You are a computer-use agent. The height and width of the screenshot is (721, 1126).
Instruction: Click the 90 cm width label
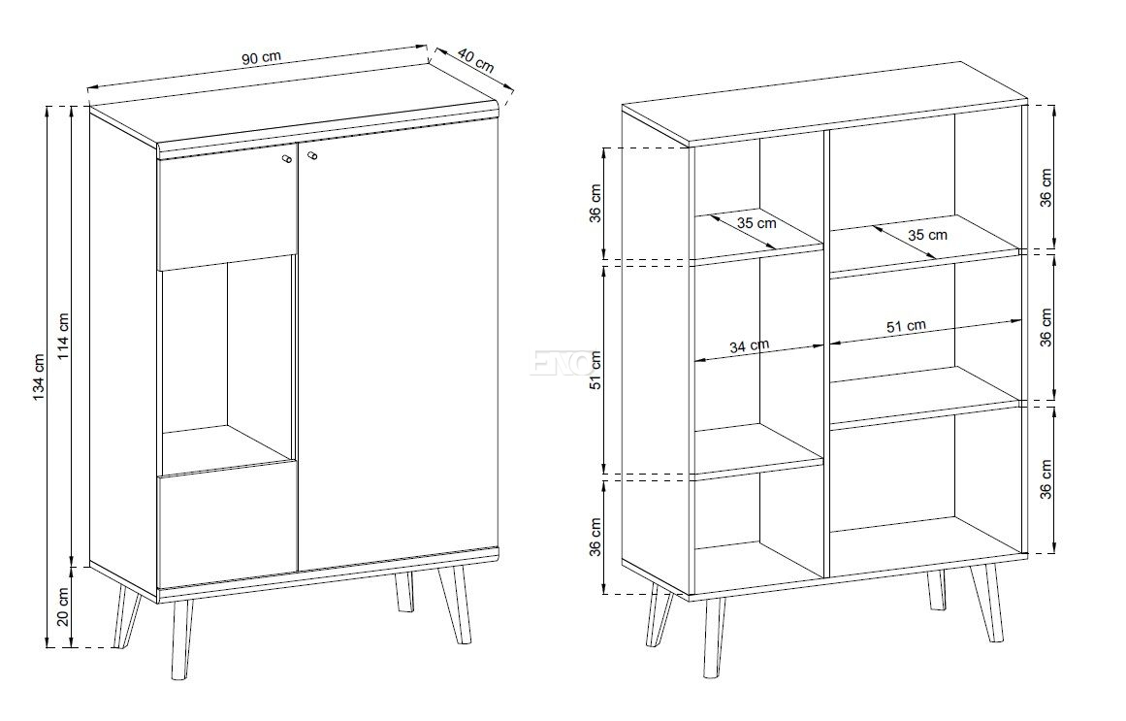(262, 58)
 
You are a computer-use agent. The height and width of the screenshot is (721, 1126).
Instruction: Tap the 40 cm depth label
(475, 59)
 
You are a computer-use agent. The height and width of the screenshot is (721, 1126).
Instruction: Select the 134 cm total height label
(39, 378)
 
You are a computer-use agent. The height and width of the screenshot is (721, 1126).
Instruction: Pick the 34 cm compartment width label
(749, 345)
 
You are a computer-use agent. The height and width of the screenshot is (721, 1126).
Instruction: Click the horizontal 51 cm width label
(906, 327)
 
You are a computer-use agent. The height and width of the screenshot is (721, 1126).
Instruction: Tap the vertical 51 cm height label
(595, 371)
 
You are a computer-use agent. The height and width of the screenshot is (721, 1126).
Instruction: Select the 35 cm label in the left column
(756, 223)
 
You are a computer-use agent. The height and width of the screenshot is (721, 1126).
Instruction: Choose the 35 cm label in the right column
(927, 234)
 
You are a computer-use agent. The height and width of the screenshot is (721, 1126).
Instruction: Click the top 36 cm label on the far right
(1046, 187)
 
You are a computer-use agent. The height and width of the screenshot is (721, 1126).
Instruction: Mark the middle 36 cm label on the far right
(1046, 327)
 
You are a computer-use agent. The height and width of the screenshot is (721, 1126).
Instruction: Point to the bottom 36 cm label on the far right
(1046, 479)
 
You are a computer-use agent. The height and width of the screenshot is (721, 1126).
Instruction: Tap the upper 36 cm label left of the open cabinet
(595, 204)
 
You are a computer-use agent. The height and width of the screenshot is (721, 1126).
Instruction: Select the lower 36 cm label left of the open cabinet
(595, 537)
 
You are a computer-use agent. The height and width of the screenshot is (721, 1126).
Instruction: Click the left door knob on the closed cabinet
(286, 158)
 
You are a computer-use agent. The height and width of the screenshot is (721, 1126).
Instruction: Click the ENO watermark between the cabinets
(562, 363)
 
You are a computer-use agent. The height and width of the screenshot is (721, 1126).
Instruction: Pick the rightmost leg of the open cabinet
(989, 603)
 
